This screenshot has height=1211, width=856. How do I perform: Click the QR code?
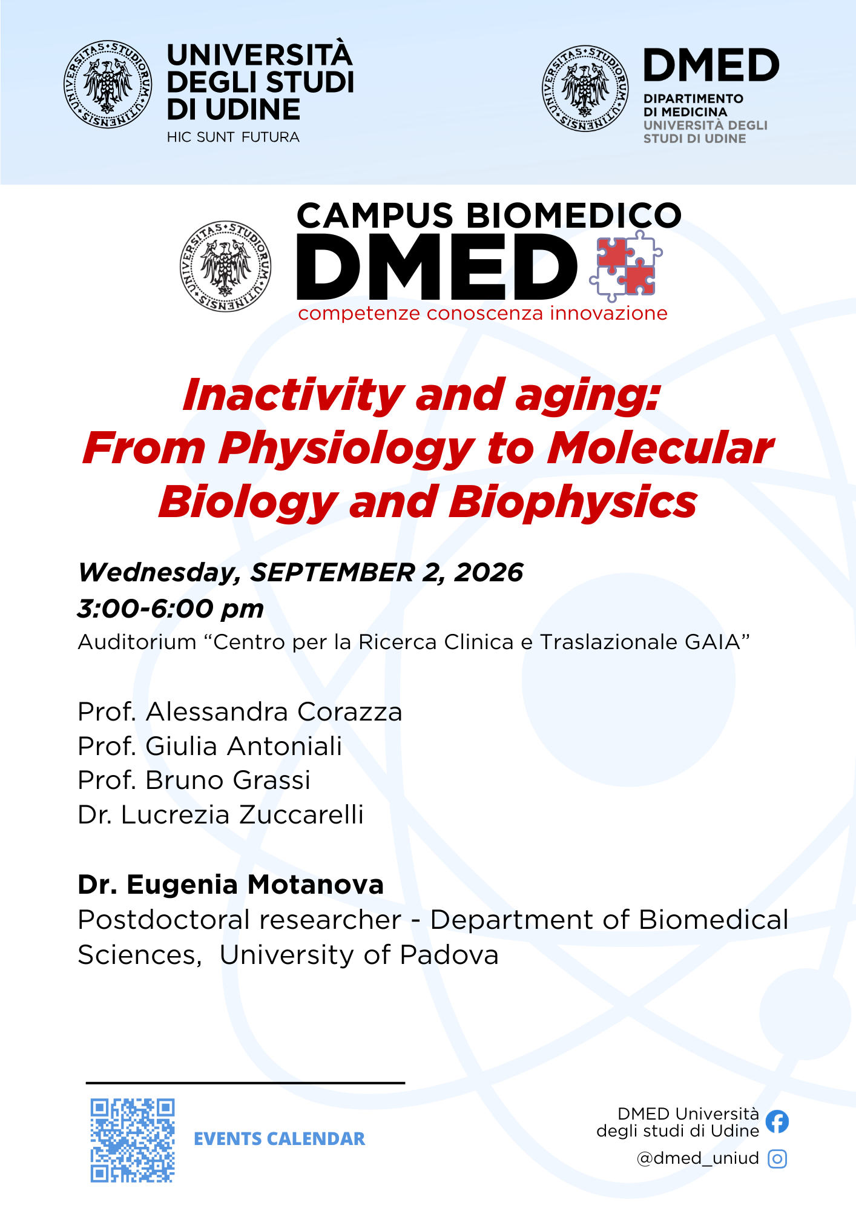click(x=133, y=1140)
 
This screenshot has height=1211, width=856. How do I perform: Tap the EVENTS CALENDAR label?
click(x=279, y=1139)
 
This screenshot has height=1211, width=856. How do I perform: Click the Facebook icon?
click(x=777, y=1121)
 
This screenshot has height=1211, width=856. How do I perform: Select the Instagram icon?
click(x=777, y=1159)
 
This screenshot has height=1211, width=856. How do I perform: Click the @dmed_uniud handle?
click(x=697, y=1158)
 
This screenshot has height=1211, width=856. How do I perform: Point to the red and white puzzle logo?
click(x=626, y=266)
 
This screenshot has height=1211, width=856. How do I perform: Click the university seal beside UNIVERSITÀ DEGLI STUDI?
click(x=108, y=84)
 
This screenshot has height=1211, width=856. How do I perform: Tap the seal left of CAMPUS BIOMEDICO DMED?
click(x=226, y=266)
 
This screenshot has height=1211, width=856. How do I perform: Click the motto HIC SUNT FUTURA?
click(x=233, y=137)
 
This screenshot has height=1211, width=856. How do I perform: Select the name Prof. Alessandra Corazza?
click(x=240, y=712)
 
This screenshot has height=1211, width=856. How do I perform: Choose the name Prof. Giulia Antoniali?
click(x=210, y=746)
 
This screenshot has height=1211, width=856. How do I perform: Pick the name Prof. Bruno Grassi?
click(x=194, y=780)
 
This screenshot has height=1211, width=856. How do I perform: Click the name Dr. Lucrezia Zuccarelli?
click(x=221, y=815)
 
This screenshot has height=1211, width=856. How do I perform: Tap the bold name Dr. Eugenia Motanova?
click(x=231, y=885)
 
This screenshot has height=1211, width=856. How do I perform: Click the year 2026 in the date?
click(x=489, y=573)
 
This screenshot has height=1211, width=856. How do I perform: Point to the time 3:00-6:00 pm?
click(x=171, y=609)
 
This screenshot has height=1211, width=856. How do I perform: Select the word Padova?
click(x=449, y=955)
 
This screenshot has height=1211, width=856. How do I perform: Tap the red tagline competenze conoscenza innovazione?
click(x=482, y=314)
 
